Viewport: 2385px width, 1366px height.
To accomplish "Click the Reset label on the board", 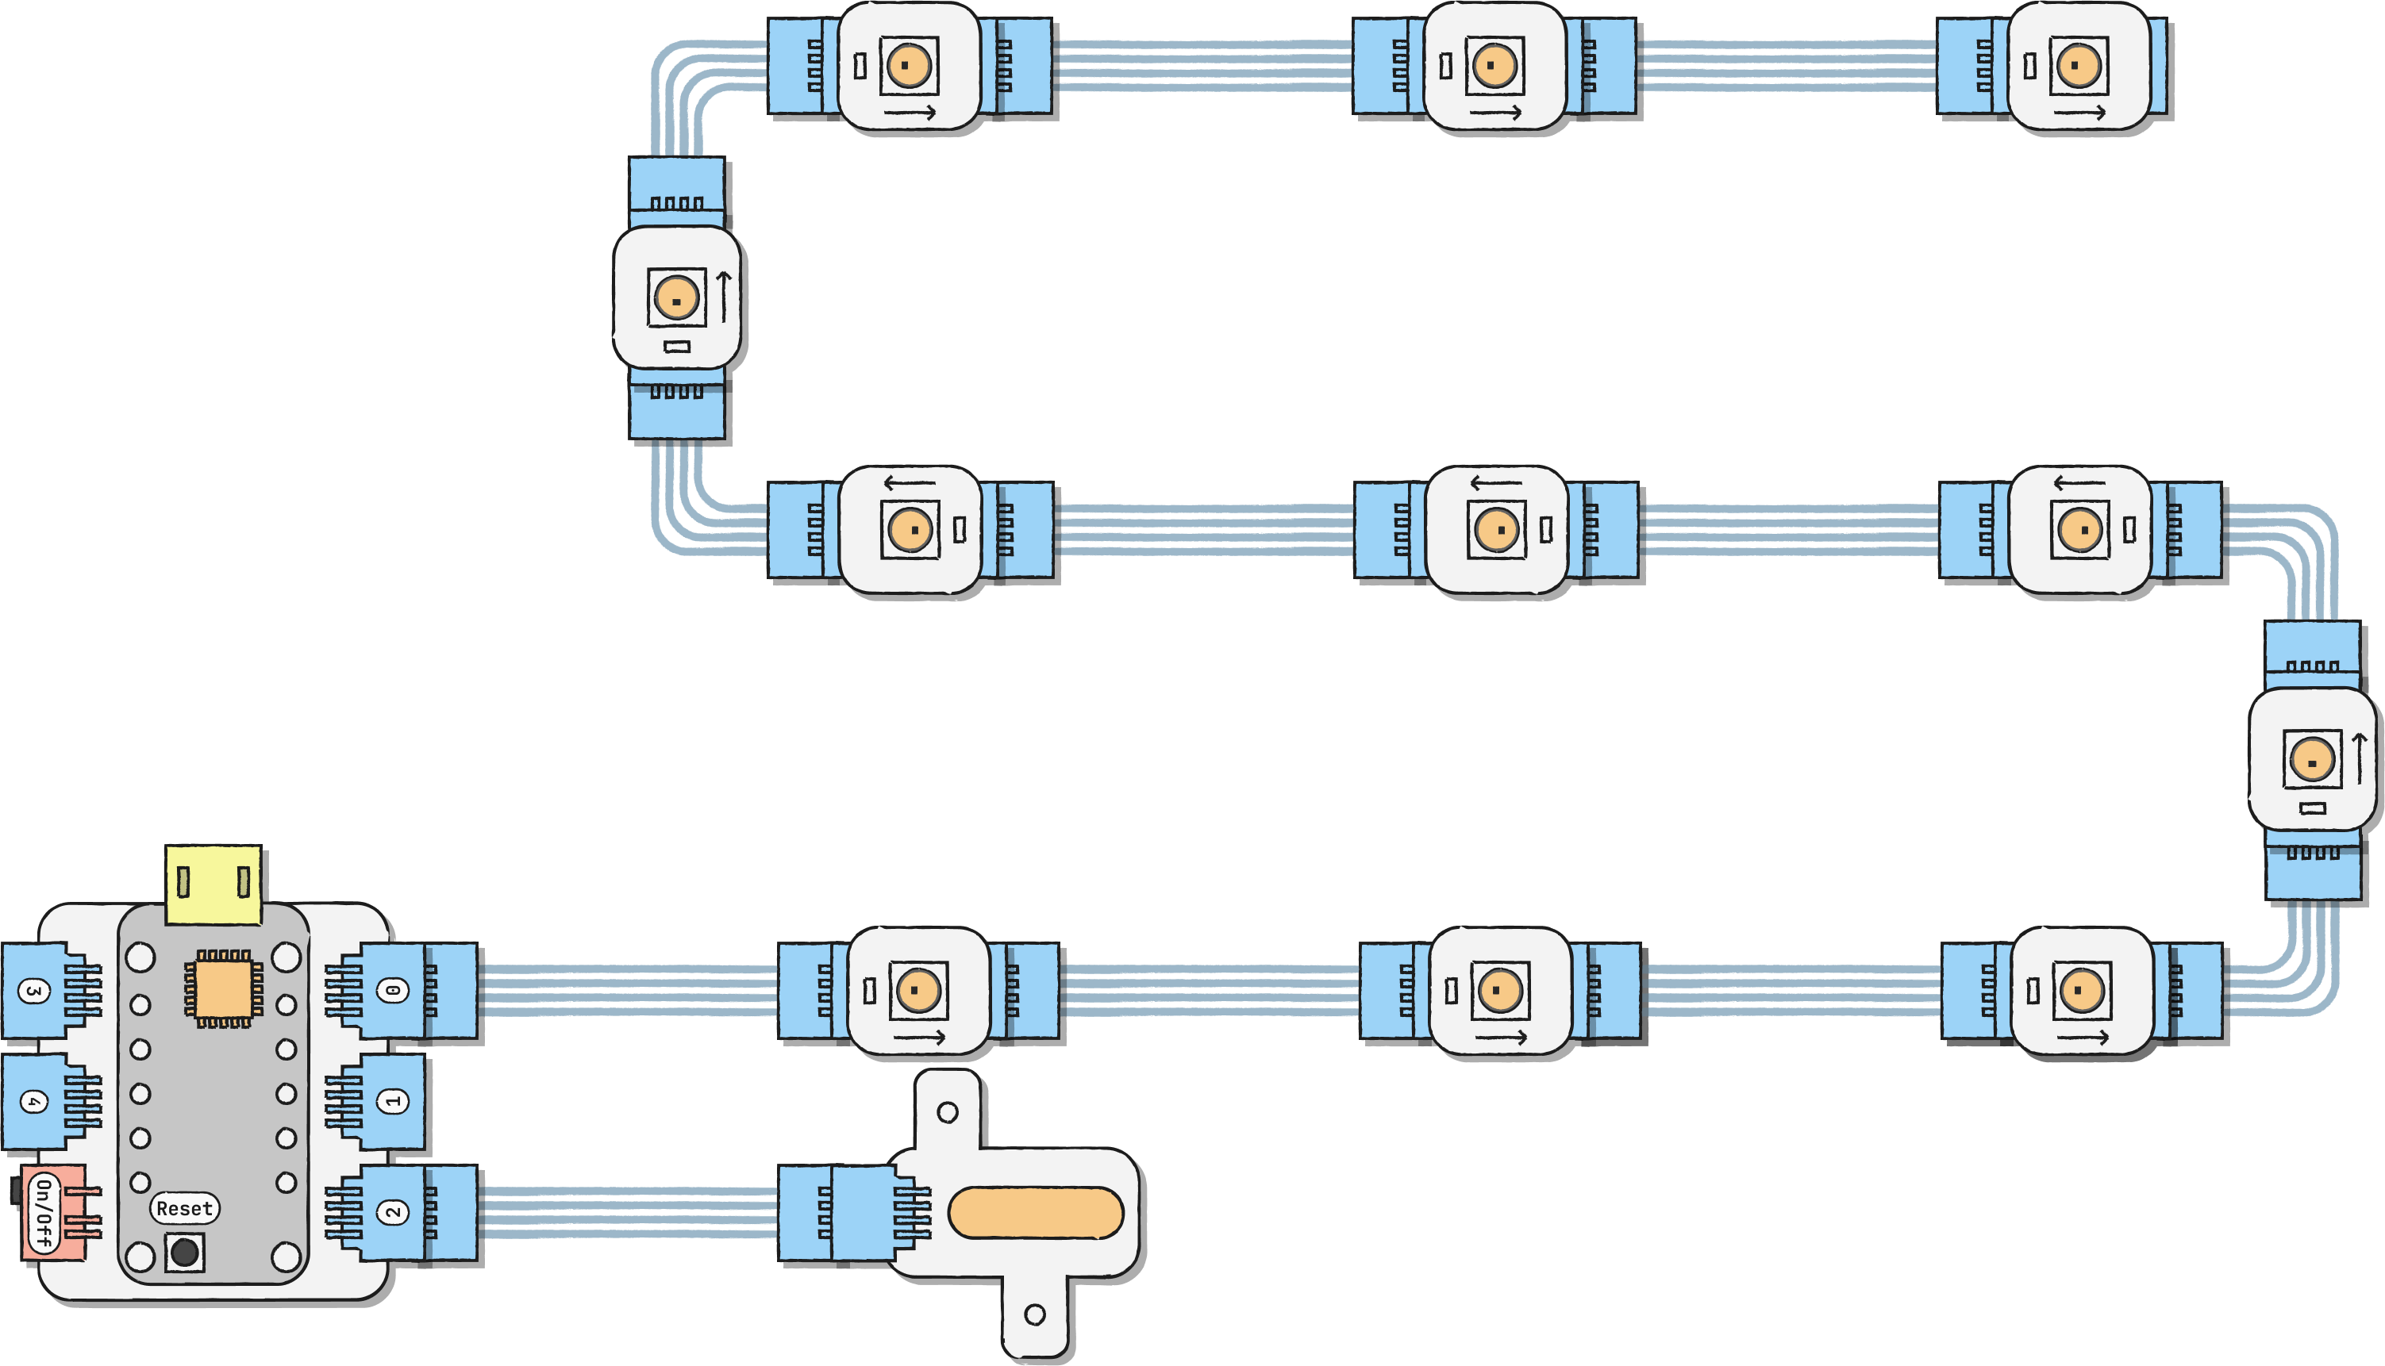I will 185,1208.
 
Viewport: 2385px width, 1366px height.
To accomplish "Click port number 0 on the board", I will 394,991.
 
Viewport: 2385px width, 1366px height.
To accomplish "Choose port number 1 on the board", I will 394,1101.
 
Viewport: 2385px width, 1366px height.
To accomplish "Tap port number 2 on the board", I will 394,1212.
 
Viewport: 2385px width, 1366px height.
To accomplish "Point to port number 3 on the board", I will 34,991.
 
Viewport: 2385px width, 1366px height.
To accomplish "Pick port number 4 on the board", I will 34,1101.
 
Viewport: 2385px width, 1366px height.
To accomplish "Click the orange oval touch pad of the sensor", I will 1035,1212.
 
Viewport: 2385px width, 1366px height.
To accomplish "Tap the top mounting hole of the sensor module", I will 947,1113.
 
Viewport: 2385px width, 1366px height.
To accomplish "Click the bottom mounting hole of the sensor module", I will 1034,1314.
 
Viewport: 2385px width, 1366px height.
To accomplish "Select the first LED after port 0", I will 918,990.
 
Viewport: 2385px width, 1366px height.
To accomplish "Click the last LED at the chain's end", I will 2078,66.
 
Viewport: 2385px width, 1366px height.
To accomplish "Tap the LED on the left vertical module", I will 675,298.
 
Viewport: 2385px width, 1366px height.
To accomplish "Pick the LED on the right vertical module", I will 2312,759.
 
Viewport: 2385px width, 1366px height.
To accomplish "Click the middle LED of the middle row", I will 1496,530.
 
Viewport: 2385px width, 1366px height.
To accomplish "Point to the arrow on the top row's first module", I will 910,113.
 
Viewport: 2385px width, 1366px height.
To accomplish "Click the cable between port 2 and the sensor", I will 627,1212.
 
